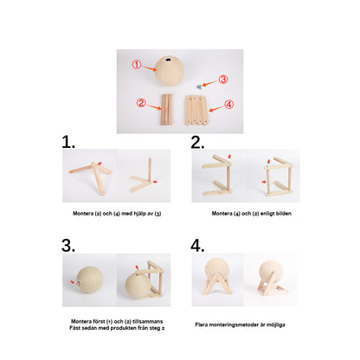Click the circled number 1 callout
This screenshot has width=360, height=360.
coord(137,64)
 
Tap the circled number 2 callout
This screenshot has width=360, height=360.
coord(141,103)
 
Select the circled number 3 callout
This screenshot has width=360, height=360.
coord(223,80)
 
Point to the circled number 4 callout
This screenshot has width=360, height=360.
coord(229,104)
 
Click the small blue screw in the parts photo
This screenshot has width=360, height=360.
coord(198,87)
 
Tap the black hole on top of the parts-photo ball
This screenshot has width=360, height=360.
coord(168,60)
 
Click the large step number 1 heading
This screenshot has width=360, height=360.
coord(68,142)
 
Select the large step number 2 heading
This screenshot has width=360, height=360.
coord(197,142)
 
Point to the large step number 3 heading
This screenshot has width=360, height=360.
coord(68,246)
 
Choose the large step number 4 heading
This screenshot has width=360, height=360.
coord(197,246)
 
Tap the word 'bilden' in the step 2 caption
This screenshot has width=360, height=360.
coord(283,214)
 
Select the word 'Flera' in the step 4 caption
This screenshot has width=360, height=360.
coord(202,325)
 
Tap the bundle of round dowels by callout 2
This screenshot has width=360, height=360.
coord(166,109)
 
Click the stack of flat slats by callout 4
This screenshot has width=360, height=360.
coord(196,111)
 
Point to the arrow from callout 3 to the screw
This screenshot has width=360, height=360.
coord(209,83)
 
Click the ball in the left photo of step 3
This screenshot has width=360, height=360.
coord(89,280)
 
